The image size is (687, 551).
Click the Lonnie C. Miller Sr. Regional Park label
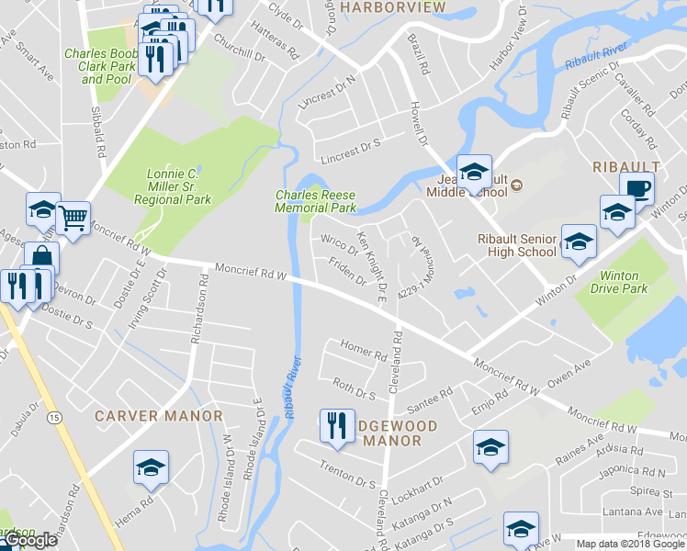pos(173,186)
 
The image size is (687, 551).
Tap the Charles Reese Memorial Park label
pos(315,201)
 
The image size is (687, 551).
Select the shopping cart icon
pos(73,219)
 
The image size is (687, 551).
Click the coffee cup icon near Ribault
pos(636,189)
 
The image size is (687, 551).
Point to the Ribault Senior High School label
pos(517,245)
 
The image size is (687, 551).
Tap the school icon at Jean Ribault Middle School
pos(474,171)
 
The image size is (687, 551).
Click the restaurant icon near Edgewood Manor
pos(336,424)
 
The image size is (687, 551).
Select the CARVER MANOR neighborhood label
pos(160,416)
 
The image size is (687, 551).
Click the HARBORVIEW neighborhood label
pos(392,7)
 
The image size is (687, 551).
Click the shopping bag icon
pos(41,257)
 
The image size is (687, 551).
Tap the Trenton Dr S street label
pos(348,476)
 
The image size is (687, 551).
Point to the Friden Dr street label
pos(348,274)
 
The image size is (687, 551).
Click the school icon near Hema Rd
pos(150,468)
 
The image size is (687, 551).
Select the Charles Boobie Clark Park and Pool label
pos(101,66)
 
